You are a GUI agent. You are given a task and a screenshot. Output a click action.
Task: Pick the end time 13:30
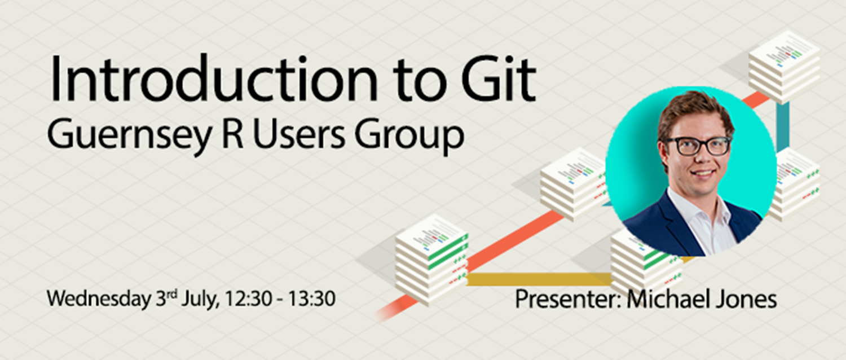(312, 299)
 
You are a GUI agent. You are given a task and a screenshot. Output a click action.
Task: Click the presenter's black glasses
(697, 146)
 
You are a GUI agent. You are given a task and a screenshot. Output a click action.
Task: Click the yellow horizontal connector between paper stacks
(539, 279)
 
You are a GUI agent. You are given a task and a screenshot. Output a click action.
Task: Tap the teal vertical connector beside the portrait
(782, 127)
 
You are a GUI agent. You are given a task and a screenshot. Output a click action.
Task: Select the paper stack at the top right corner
(784, 65)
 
